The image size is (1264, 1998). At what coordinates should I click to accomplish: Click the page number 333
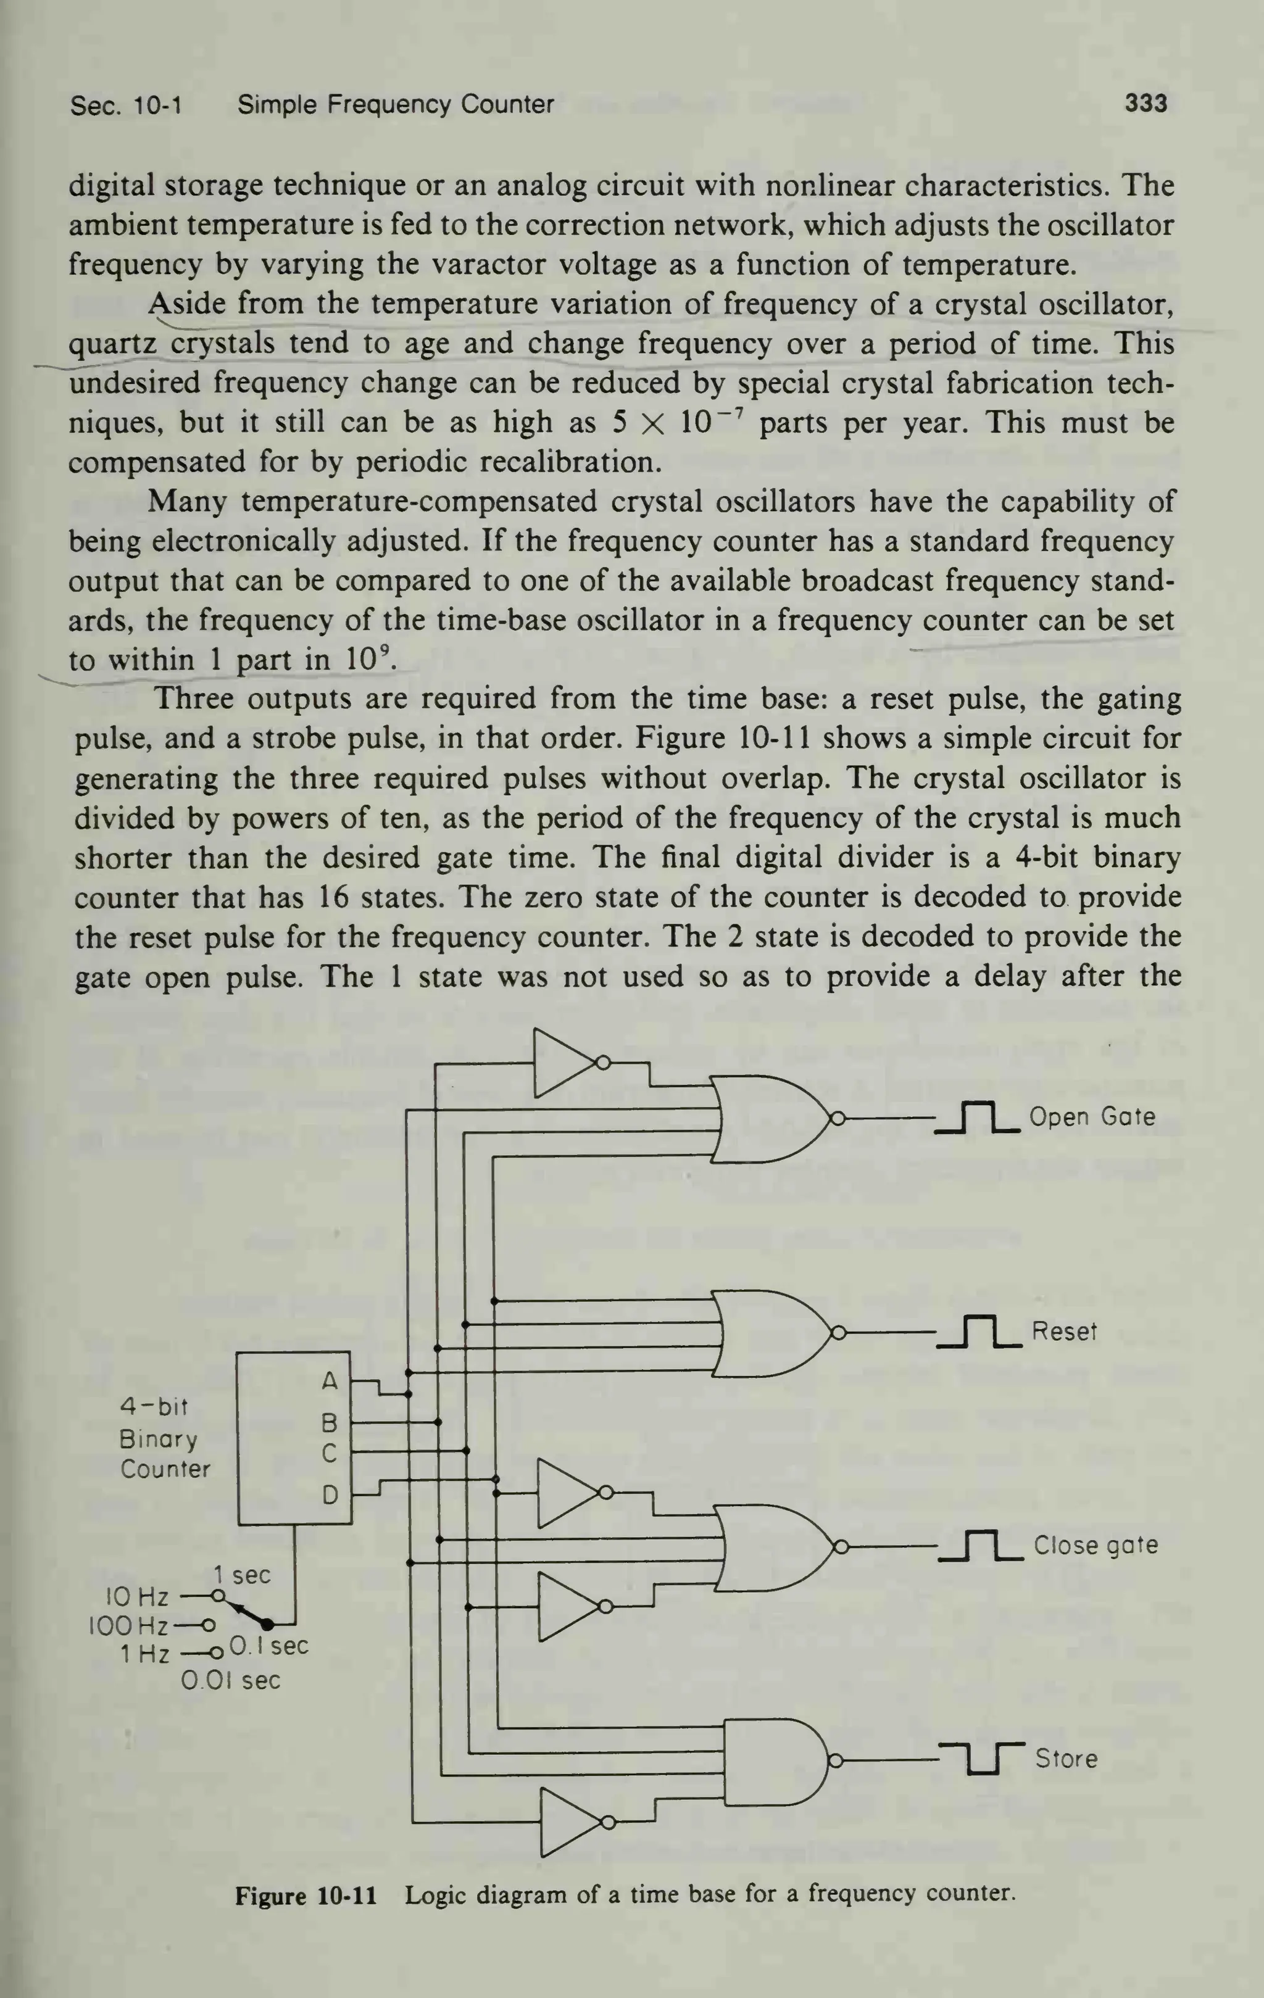point(1145,104)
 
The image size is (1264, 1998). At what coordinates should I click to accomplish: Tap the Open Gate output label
point(1091,1117)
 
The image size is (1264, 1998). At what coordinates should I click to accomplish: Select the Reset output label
point(1064,1331)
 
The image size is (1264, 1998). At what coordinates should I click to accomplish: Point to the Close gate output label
point(1095,1545)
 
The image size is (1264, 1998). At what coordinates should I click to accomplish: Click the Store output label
point(1066,1758)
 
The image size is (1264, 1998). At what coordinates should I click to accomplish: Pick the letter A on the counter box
point(330,1382)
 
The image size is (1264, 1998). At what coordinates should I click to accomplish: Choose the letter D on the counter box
point(330,1495)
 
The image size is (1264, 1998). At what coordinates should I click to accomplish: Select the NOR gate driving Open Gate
point(772,1119)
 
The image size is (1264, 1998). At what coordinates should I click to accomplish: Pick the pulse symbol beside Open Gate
point(978,1117)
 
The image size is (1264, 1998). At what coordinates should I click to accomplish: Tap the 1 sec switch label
point(241,1574)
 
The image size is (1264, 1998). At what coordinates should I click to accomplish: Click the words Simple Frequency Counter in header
point(395,104)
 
